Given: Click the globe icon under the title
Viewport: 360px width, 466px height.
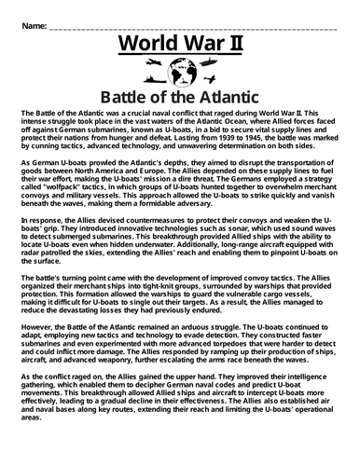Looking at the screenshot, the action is coord(180,71).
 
